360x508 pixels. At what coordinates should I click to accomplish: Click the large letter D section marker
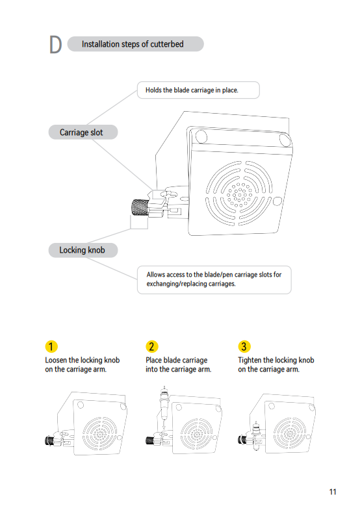click(55, 44)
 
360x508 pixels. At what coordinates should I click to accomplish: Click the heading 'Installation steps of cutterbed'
click(133, 44)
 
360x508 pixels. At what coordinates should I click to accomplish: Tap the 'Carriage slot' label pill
click(83, 132)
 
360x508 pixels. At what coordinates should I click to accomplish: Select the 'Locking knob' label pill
click(83, 250)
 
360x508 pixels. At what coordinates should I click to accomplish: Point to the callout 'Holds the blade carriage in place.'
click(198, 90)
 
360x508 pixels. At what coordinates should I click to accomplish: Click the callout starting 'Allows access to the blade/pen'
click(214, 280)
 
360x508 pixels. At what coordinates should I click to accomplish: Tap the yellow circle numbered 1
click(51, 346)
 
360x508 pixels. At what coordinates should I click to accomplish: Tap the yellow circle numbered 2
click(151, 346)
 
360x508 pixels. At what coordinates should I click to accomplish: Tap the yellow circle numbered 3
click(244, 346)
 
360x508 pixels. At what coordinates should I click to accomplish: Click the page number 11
click(333, 492)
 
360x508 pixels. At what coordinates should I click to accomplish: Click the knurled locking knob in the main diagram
click(140, 207)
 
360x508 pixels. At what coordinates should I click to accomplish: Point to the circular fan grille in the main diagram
click(239, 193)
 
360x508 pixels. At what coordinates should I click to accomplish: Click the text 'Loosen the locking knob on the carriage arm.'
click(83, 365)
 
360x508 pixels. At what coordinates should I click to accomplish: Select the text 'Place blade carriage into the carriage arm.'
click(178, 365)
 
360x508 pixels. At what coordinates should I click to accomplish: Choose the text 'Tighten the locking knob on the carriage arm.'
click(276, 365)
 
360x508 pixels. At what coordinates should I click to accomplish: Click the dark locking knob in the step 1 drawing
click(49, 440)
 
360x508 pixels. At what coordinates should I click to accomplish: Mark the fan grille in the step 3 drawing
click(289, 433)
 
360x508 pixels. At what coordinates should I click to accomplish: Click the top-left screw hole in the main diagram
click(201, 136)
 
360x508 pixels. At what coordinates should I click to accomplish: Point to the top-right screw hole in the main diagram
click(285, 140)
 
